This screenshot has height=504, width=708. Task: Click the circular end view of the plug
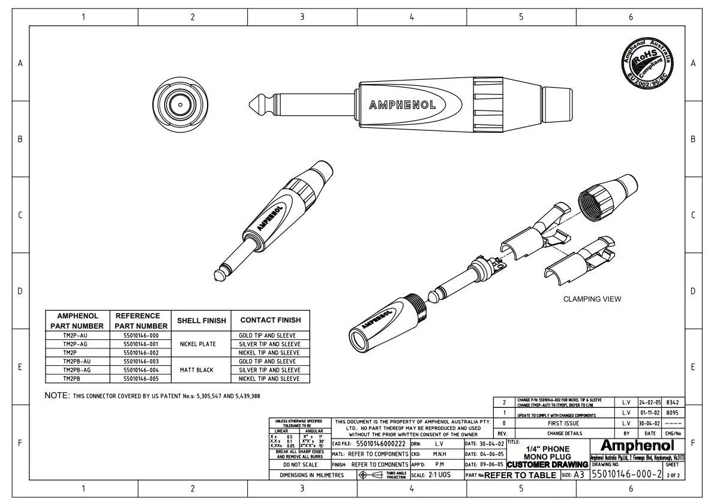(x=179, y=104)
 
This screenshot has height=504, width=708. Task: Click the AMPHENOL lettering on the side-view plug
(x=402, y=105)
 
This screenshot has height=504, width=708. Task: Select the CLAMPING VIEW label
(x=592, y=299)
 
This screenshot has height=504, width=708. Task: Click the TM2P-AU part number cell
(x=75, y=335)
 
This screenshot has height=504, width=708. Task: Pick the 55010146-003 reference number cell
(x=141, y=362)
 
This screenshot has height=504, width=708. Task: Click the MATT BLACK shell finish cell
(x=196, y=370)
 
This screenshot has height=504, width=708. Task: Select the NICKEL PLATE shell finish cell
(x=196, y=344)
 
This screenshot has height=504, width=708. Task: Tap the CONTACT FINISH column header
(x=270, y=320)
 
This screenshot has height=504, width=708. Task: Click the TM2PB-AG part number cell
(x=75, y=370)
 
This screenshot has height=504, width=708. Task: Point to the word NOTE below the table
(x=57, y=395)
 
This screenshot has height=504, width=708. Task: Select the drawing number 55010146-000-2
(x=626, y=475)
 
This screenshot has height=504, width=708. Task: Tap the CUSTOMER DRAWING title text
(x=547, y=465)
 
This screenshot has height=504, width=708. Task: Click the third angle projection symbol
(x=372, y=475)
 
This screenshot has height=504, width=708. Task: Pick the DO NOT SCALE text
(x=300, y=465)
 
